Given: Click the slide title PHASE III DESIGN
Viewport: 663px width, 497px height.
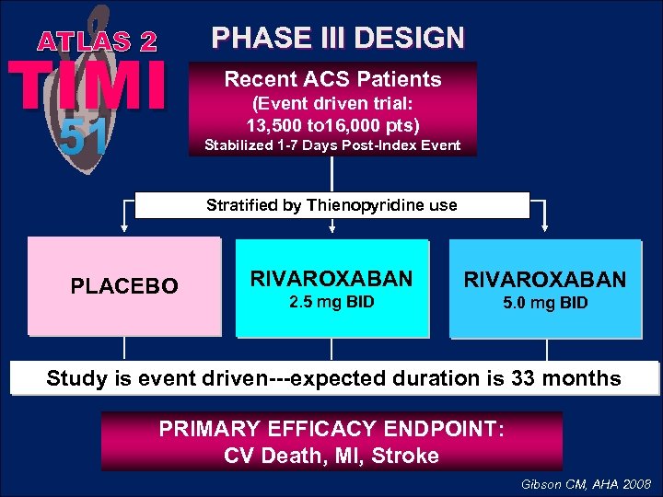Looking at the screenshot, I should pos(338,38).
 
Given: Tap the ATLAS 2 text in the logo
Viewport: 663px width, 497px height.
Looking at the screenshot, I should pos(98,41).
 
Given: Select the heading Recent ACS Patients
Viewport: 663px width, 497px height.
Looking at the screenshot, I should pos(332,79).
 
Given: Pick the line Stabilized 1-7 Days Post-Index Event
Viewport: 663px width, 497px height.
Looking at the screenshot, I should pos(332,145).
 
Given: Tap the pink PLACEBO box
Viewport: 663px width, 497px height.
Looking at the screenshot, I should pos(124,286).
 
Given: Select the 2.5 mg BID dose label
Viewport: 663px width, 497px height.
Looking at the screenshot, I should pos(331,301).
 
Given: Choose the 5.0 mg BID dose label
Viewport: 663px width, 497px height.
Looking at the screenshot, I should pos(544,303).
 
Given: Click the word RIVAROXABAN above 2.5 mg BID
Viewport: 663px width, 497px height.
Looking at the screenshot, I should pos(332,277).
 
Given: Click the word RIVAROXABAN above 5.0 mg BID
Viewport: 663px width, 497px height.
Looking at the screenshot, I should pos(544,279).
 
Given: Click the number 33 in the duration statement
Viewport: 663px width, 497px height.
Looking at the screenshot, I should pos(539,378).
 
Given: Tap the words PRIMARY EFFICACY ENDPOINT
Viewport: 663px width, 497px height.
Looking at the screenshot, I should pos(331,430).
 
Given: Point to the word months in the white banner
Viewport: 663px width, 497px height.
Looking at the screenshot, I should pos(590,378).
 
